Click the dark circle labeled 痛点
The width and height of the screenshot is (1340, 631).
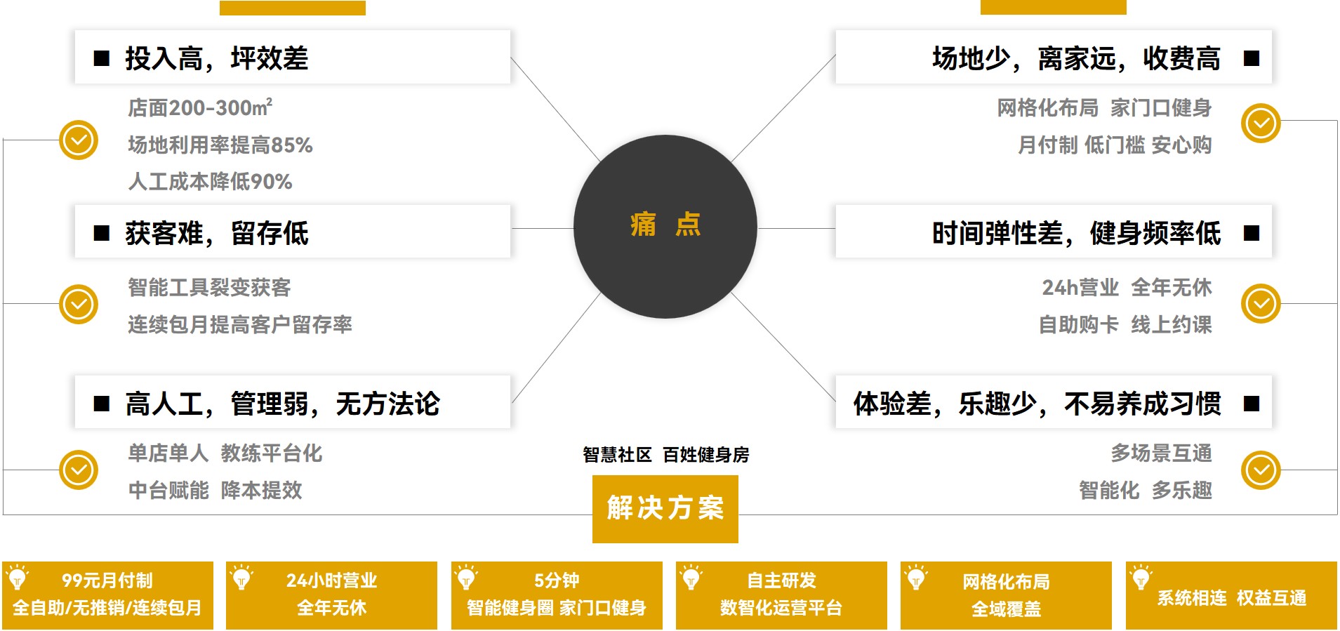tap(665, 226)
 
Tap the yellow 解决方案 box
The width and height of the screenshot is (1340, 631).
tap(665, 508)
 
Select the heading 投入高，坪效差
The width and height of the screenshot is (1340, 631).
tap(216, 58)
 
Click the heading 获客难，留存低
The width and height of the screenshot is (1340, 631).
tap(216, 233)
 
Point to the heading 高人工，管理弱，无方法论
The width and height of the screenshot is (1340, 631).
tap(282, 404)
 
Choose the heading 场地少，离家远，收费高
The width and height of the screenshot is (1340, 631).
tap(1075, 58)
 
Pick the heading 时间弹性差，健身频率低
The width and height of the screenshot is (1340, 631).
tap(1075, 233)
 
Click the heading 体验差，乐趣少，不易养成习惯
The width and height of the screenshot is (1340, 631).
tap(1037, 404)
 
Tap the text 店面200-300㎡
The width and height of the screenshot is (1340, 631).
tap(199, 107)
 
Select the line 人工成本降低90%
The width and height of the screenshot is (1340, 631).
tap(210, 182)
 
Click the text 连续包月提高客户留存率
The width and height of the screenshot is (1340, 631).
tap(239, 324)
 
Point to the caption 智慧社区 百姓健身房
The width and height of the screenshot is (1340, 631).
tap(665, 455)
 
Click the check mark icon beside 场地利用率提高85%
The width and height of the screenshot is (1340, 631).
tap(79, 140)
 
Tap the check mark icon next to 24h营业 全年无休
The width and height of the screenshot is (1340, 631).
tap(1261, 303)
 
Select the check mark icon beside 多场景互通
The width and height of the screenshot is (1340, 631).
tap(1261, 470)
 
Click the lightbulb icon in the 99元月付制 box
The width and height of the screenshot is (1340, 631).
tap(18, 577)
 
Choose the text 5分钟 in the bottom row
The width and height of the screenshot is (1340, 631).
tap(556, 580)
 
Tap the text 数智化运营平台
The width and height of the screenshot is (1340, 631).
tap(781, 608)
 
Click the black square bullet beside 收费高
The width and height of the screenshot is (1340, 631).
tap(1251, 58)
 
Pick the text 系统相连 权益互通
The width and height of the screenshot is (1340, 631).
tap(1231, 598)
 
